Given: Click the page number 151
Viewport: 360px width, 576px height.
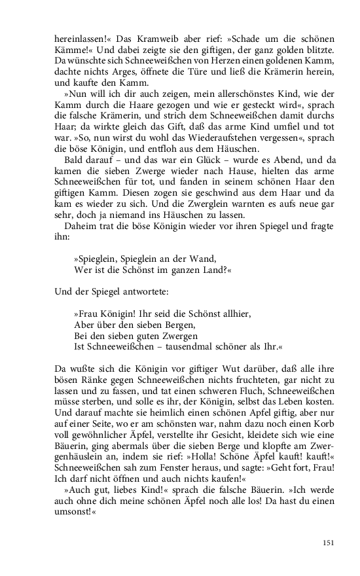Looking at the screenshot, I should coord(329,543).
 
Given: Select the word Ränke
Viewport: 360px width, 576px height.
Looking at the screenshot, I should coord(96,384).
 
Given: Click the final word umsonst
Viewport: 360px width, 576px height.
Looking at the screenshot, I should coord(73,514).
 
